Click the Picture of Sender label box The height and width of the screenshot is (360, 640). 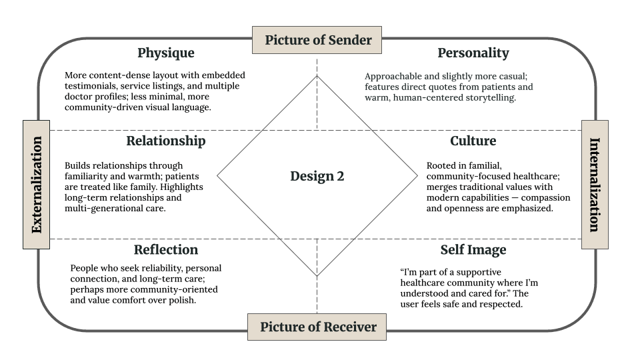tap(317, 40)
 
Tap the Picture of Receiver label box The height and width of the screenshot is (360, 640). tap(318, 327)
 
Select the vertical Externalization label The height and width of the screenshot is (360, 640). tap(36, 185)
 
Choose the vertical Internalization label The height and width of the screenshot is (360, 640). tap(595, 185)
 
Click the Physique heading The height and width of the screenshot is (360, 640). tap(165, 53)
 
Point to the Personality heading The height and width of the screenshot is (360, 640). tap(473, 53)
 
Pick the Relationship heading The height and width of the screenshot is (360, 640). tap(165, 141)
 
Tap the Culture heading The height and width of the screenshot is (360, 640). tap(473, 141)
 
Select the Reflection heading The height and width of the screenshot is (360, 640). tap(165, 250)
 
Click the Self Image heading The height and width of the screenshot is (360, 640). tap(473, 250)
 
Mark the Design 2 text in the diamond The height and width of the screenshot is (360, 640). tap(317, 177)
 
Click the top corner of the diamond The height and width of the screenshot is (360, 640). tap(317, 76)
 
